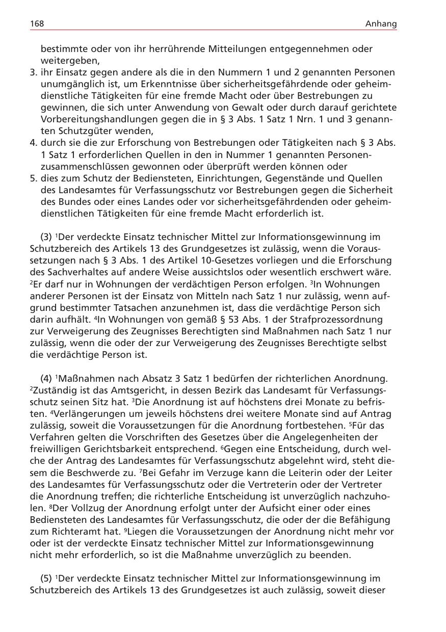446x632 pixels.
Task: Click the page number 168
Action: click(37, 24)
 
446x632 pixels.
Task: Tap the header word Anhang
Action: click(381, 24)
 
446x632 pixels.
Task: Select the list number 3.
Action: click(34, 72)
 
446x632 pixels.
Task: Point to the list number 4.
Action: click(34, 143)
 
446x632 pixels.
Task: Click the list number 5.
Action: click(34, 178)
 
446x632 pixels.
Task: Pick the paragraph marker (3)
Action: click(46, 237)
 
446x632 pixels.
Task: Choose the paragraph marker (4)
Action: click(46, 379)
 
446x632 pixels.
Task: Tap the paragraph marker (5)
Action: click(46, 578)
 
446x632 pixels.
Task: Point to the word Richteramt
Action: click(66, 532)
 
